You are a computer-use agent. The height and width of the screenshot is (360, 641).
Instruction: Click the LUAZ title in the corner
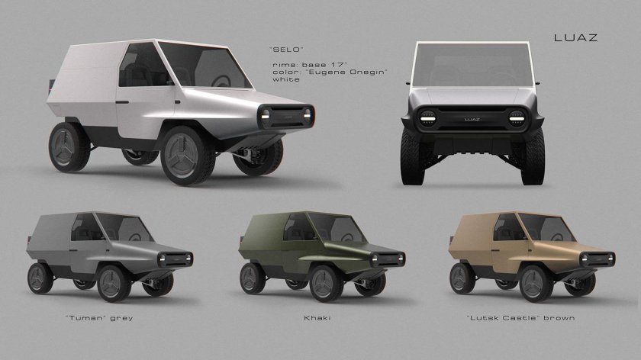[x=575, y=37]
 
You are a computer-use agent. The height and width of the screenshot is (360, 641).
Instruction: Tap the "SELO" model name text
[x=286, y=50]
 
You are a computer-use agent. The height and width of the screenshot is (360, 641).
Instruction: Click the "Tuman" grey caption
[x=99, y=317]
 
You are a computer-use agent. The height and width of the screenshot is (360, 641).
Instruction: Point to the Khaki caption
[x=317, y=317]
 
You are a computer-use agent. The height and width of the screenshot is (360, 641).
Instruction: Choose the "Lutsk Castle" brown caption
[x=520, y=317]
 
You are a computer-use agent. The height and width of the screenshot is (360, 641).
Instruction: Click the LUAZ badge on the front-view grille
[x=472, y=119]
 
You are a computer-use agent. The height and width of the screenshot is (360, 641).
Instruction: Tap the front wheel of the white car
[x=187, y=156]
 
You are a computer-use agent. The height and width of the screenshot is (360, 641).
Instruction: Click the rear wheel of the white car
[x=69, y=146]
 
